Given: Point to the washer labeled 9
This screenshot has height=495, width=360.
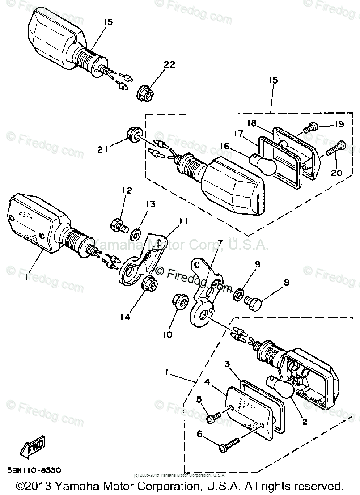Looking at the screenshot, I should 238,294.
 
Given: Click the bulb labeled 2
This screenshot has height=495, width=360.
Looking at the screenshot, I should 281,387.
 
